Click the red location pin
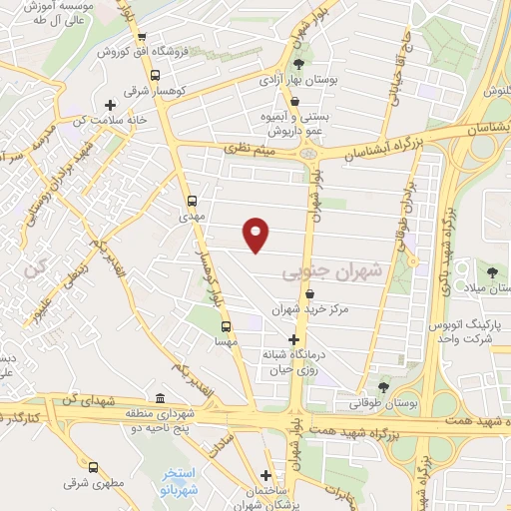coord(256,234)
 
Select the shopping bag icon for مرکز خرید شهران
coord(311,295)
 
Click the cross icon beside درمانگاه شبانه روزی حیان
coord(292,339)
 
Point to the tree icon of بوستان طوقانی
coord(383,387)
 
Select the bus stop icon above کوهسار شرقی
coord(154,75)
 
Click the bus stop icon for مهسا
coord(225,325)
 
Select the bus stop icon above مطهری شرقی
coord(94,466)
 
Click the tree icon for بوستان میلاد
coord(491,270)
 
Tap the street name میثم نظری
coord(244,150)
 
